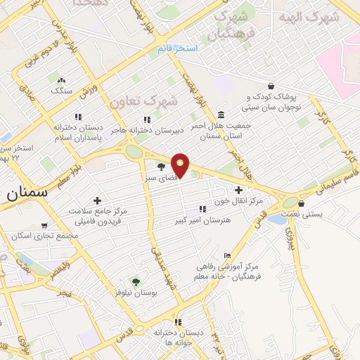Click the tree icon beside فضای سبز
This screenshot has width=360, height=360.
(162, 166)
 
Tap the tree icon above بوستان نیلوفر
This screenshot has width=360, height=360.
(136, 281)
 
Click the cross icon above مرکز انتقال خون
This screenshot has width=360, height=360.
(239, 189)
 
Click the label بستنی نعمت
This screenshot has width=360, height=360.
(301, 212)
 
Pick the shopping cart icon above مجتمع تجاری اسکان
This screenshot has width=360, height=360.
(46, 226)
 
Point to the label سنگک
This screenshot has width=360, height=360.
(61, 91)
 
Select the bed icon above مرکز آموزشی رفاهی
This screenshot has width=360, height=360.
(226, 255)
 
